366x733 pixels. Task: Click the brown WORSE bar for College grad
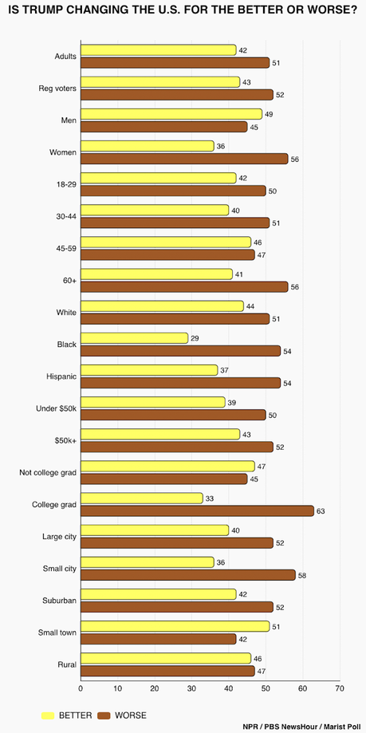pos(197,510)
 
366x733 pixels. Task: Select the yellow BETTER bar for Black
pos(134,338)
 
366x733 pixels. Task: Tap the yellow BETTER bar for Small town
pos(175,626)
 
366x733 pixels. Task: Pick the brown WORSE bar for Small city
pos(187,574)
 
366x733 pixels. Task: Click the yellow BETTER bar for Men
pos(171,114)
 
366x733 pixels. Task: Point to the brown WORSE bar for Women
pos(184,159)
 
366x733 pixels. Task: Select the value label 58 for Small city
pos(303,574)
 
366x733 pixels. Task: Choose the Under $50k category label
pos(55,408)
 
